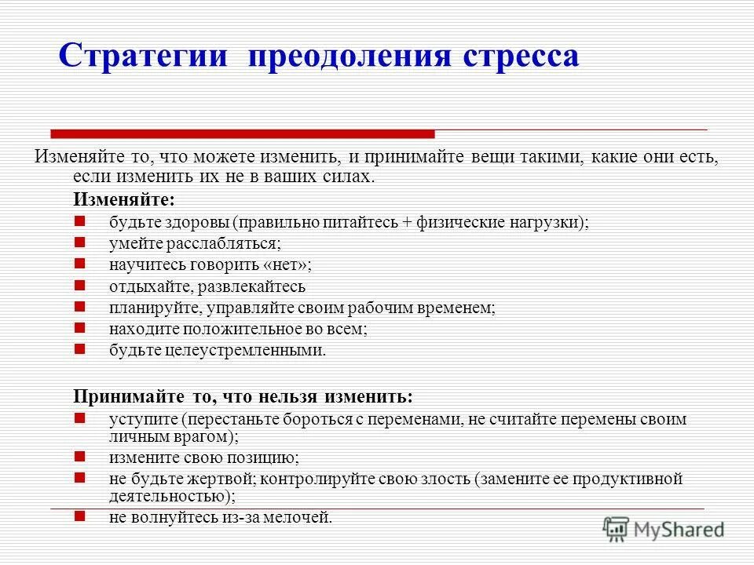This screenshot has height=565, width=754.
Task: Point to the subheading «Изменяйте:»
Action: click(x=124, y=199)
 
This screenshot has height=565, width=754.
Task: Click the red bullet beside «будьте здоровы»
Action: click(x=79, y=221)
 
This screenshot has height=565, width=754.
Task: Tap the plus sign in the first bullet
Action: click(x=407, y=222)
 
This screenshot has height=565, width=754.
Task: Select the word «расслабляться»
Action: click(x=227, y=243)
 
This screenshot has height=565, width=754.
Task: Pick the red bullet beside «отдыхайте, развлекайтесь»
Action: click(x=79, y=286)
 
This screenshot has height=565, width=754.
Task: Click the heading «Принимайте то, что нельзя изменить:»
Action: click(x=243, y=395)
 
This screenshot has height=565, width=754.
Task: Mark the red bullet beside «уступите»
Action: click(x=79, y=418)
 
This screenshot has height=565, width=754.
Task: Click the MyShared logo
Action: click(x=664, y=529)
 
